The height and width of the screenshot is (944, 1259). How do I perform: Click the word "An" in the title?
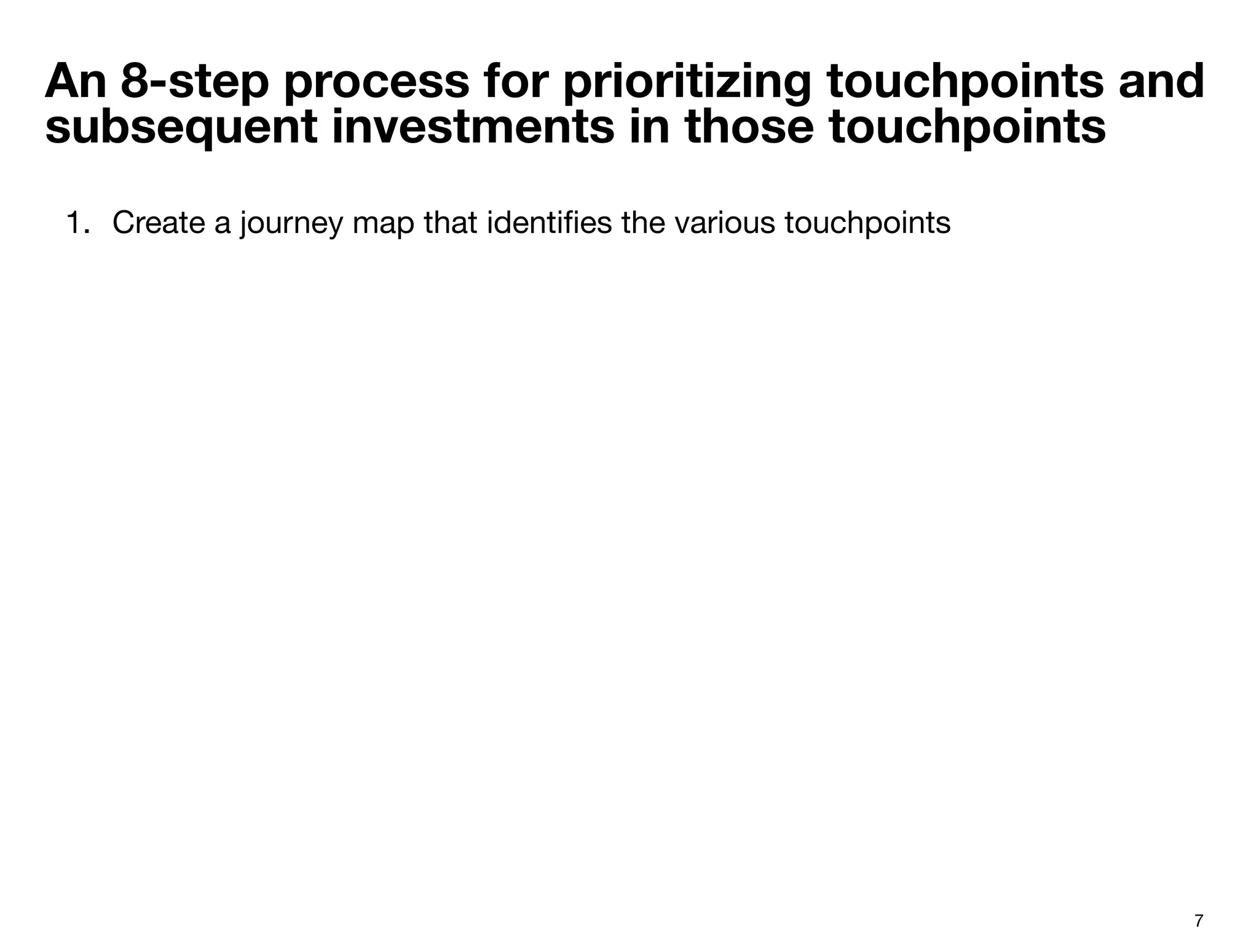pyautogui.click(x=75, y=82)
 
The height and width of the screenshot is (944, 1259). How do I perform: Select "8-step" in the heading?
pyautogui.click(x=195, y=82)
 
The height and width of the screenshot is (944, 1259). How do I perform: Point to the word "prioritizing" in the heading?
pyautogui.click(x=686, y=82)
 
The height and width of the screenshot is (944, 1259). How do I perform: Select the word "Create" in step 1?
pyautogui.click(x=159, y=223)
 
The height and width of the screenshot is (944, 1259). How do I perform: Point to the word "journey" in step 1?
pyautogui.click(x=290, y=223)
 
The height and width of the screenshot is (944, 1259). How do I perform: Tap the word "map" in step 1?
pyautogui.click(x=383, y=223)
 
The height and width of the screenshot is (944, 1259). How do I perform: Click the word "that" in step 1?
pyautogui.click(x=451, y=223)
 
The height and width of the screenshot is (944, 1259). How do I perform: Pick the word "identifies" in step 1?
pyautogui.click(x=549, y=223)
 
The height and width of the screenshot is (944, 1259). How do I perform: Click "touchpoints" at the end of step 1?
pyautogui.click(x=867, y=223)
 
